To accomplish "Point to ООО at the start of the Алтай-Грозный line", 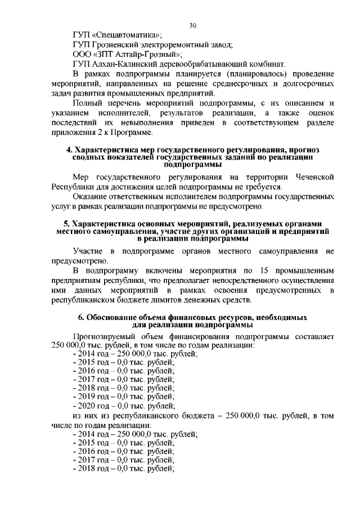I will [83, 55].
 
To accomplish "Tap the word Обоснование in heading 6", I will [112, 318].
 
